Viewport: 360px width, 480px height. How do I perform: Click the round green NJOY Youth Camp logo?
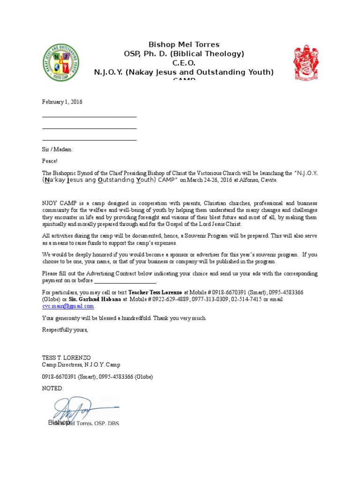(61, 61)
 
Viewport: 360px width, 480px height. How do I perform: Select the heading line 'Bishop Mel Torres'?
(184, 45)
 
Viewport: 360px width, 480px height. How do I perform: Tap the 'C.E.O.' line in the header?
(184, 63)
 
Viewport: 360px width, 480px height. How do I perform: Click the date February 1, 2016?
(62, 102)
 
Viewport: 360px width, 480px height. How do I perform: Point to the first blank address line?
(90, 117)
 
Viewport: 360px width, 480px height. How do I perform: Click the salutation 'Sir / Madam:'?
(58, 150)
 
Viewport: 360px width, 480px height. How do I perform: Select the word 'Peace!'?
(50, 161)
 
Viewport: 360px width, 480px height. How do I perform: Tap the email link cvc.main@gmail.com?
(68, 306)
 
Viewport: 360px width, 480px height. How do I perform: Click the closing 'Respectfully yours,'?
(65, 330)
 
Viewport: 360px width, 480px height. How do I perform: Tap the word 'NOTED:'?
(52, 389)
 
